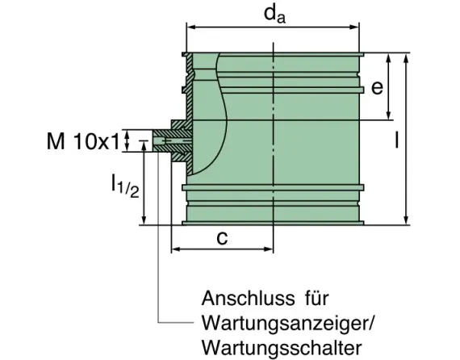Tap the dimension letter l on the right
click(396, 140)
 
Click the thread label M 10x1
click(82, 142)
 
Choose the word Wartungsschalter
click(280, 348)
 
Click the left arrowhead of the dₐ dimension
click(191, 27)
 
